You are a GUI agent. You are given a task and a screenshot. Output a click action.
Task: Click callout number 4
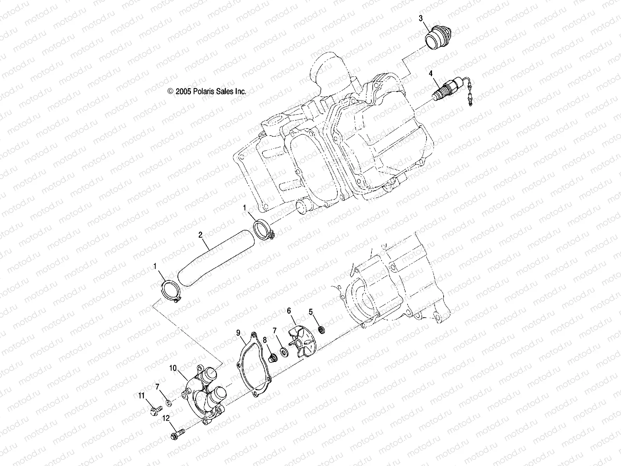pyautogui.click(x=430, y=73)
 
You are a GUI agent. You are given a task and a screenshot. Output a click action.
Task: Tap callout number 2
pyautogui.click(x=200, y=235)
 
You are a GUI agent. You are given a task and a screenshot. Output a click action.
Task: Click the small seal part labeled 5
pyautogui.click(x=321, y=330)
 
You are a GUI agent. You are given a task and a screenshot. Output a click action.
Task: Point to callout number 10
pyautogui.click(x=173, y=367)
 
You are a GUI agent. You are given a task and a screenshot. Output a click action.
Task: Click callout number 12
pyautogui.click(x=167, y=419)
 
